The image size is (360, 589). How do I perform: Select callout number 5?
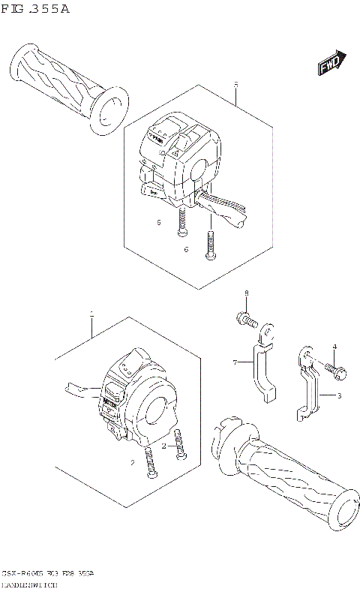(235, 85)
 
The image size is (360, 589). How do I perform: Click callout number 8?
(245, 293)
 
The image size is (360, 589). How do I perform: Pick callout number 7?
(235, 362)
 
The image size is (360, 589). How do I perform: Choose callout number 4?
(334, 346)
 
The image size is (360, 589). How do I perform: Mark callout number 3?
(338, 395)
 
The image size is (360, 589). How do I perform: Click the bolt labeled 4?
(330, 369)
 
